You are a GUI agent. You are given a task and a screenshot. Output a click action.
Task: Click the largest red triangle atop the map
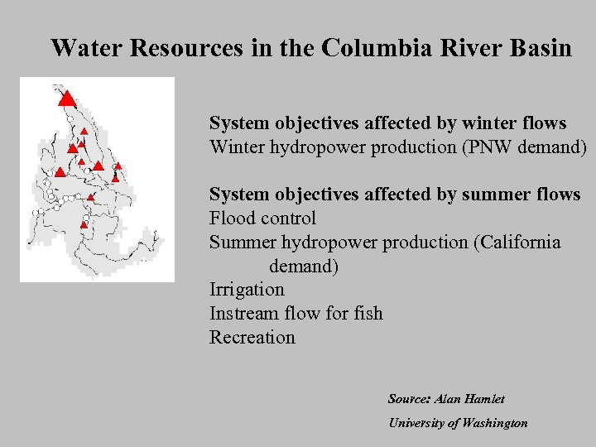[x=67, y=99]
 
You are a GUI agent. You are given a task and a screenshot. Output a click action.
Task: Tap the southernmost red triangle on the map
[x=84, y=224]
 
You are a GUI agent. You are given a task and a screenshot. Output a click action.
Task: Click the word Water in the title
[x=82, y=48]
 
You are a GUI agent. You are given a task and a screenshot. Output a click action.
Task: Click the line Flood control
[x=262, y=219]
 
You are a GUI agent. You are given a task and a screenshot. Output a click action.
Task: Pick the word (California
[x=517, y=243]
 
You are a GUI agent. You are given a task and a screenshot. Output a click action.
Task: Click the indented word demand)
[x=303, y=267]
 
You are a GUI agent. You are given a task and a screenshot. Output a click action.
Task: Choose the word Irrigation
[x=247, y=290]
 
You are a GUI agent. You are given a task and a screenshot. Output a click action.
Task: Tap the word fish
[x=368, y=314]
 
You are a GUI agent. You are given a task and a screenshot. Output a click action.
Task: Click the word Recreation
[x=252, y=338]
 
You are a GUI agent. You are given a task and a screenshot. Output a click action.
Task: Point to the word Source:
[x=409, y=399]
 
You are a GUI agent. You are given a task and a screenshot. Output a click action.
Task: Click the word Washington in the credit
[x=494, y=423]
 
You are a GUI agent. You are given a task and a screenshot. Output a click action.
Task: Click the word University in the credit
[x=416, y=423]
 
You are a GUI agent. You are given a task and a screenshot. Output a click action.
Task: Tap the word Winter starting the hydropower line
[x=235, y=147]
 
